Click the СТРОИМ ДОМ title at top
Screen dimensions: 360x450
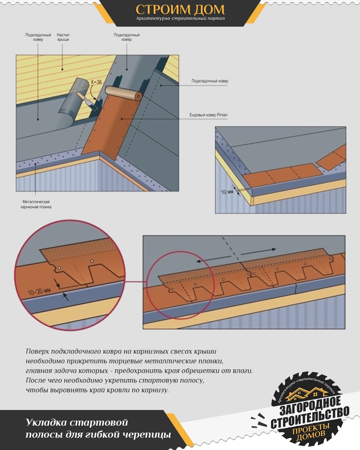point(180,9)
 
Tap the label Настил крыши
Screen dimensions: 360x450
point(63,37)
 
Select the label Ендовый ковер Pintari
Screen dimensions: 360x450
point(208,115)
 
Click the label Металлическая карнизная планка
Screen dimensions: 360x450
point(36,204)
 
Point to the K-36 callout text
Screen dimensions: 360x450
point(96,82)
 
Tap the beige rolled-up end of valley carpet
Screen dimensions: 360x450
point(124,93)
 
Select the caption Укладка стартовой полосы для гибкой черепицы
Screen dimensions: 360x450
point(99,429)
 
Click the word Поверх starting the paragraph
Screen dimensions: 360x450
point(37,352)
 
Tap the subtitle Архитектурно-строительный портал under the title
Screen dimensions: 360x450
point(180,19)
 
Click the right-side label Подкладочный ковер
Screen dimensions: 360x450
point(210,81)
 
